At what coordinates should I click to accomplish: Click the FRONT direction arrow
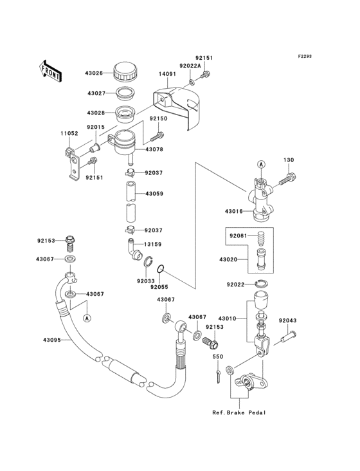coord(50,71)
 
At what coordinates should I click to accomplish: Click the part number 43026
coord(94,73)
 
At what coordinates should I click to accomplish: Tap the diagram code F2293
coord(305,56)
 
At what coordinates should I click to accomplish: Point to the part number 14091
coord(167,73)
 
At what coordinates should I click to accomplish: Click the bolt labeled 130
coord(287,179)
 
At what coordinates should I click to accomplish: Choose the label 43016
coord(234,212)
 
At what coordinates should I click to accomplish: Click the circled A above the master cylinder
coord(261,164)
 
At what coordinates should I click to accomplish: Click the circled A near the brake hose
coord(87,318)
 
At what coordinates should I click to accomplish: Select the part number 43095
coord(52,340)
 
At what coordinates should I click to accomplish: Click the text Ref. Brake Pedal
coord(239,412)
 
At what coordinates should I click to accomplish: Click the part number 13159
coord(153,245)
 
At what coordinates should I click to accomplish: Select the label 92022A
coord(190,66)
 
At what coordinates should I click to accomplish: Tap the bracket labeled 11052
coord(72,163)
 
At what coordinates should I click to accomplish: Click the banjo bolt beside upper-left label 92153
coord(69,244)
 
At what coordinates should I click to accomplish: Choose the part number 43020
coord(228,259)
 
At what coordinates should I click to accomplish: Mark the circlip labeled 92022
coord(262,283)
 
